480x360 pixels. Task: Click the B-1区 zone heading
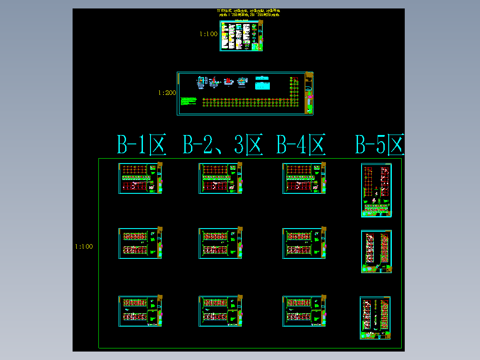(141, 144)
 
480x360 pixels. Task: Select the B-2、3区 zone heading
(223, 144)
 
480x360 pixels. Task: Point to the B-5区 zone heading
(380, 144)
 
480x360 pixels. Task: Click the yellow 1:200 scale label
(167, 93)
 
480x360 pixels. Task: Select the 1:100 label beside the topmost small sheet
(208, 34)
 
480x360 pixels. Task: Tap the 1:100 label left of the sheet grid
(84, 246)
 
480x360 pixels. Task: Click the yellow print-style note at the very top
(248, 12)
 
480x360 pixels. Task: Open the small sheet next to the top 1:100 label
(241, 36)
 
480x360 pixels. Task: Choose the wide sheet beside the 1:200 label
(245, 94)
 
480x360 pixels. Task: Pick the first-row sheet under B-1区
(140, 178)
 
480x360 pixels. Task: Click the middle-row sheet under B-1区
(140, 243)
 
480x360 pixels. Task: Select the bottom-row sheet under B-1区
(140, 311)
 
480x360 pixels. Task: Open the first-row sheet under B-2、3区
(220, 178)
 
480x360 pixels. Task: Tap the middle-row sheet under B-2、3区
(220, 243)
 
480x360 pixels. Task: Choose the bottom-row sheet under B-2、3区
(220, 311)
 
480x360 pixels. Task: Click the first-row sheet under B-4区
(304, 178)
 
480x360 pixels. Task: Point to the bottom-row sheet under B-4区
(304, 311)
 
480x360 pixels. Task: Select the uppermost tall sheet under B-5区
(376, 190)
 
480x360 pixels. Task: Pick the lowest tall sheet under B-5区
(375, 318)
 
